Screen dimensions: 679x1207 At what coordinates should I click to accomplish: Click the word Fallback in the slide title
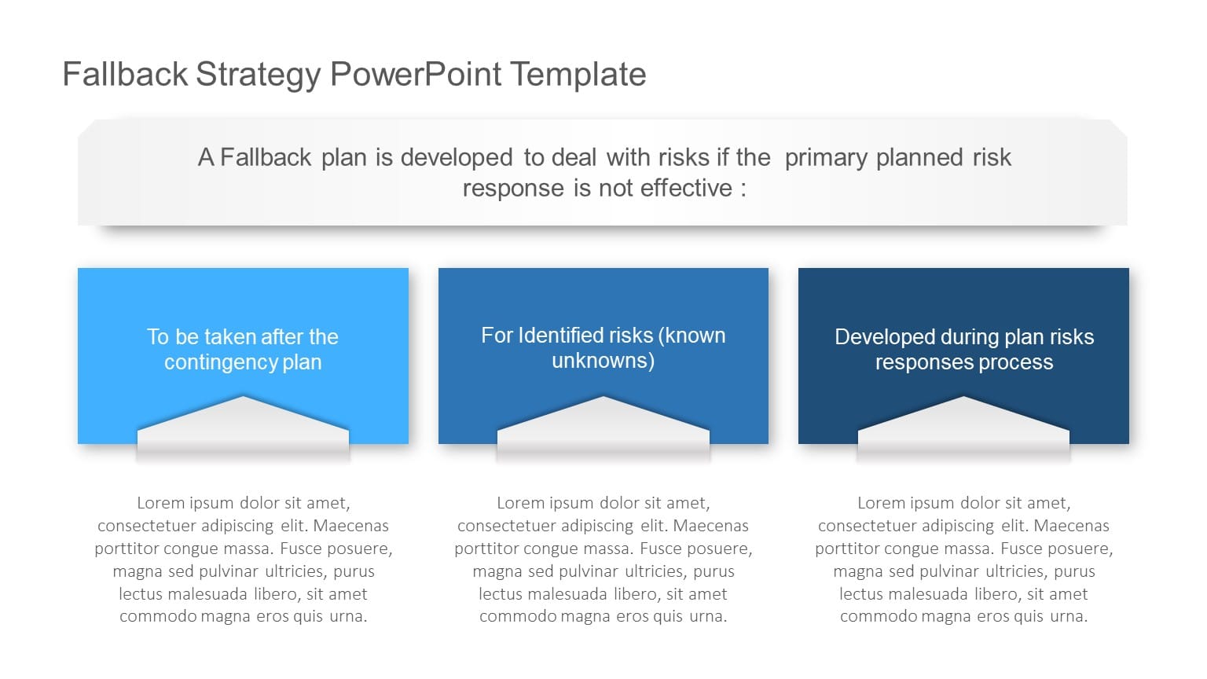tap(125, 75)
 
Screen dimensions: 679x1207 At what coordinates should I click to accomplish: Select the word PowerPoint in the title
tap(416, 75)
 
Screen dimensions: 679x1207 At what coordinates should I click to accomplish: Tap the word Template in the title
tap(578, 75)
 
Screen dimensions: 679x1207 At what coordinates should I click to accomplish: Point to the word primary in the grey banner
tap(827, 158)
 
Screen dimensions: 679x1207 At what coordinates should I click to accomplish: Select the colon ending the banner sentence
tap(743, 189)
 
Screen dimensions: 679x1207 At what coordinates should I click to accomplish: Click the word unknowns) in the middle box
tap(603, 361)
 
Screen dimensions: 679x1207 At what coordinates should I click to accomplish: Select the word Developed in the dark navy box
tap(884, 337)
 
